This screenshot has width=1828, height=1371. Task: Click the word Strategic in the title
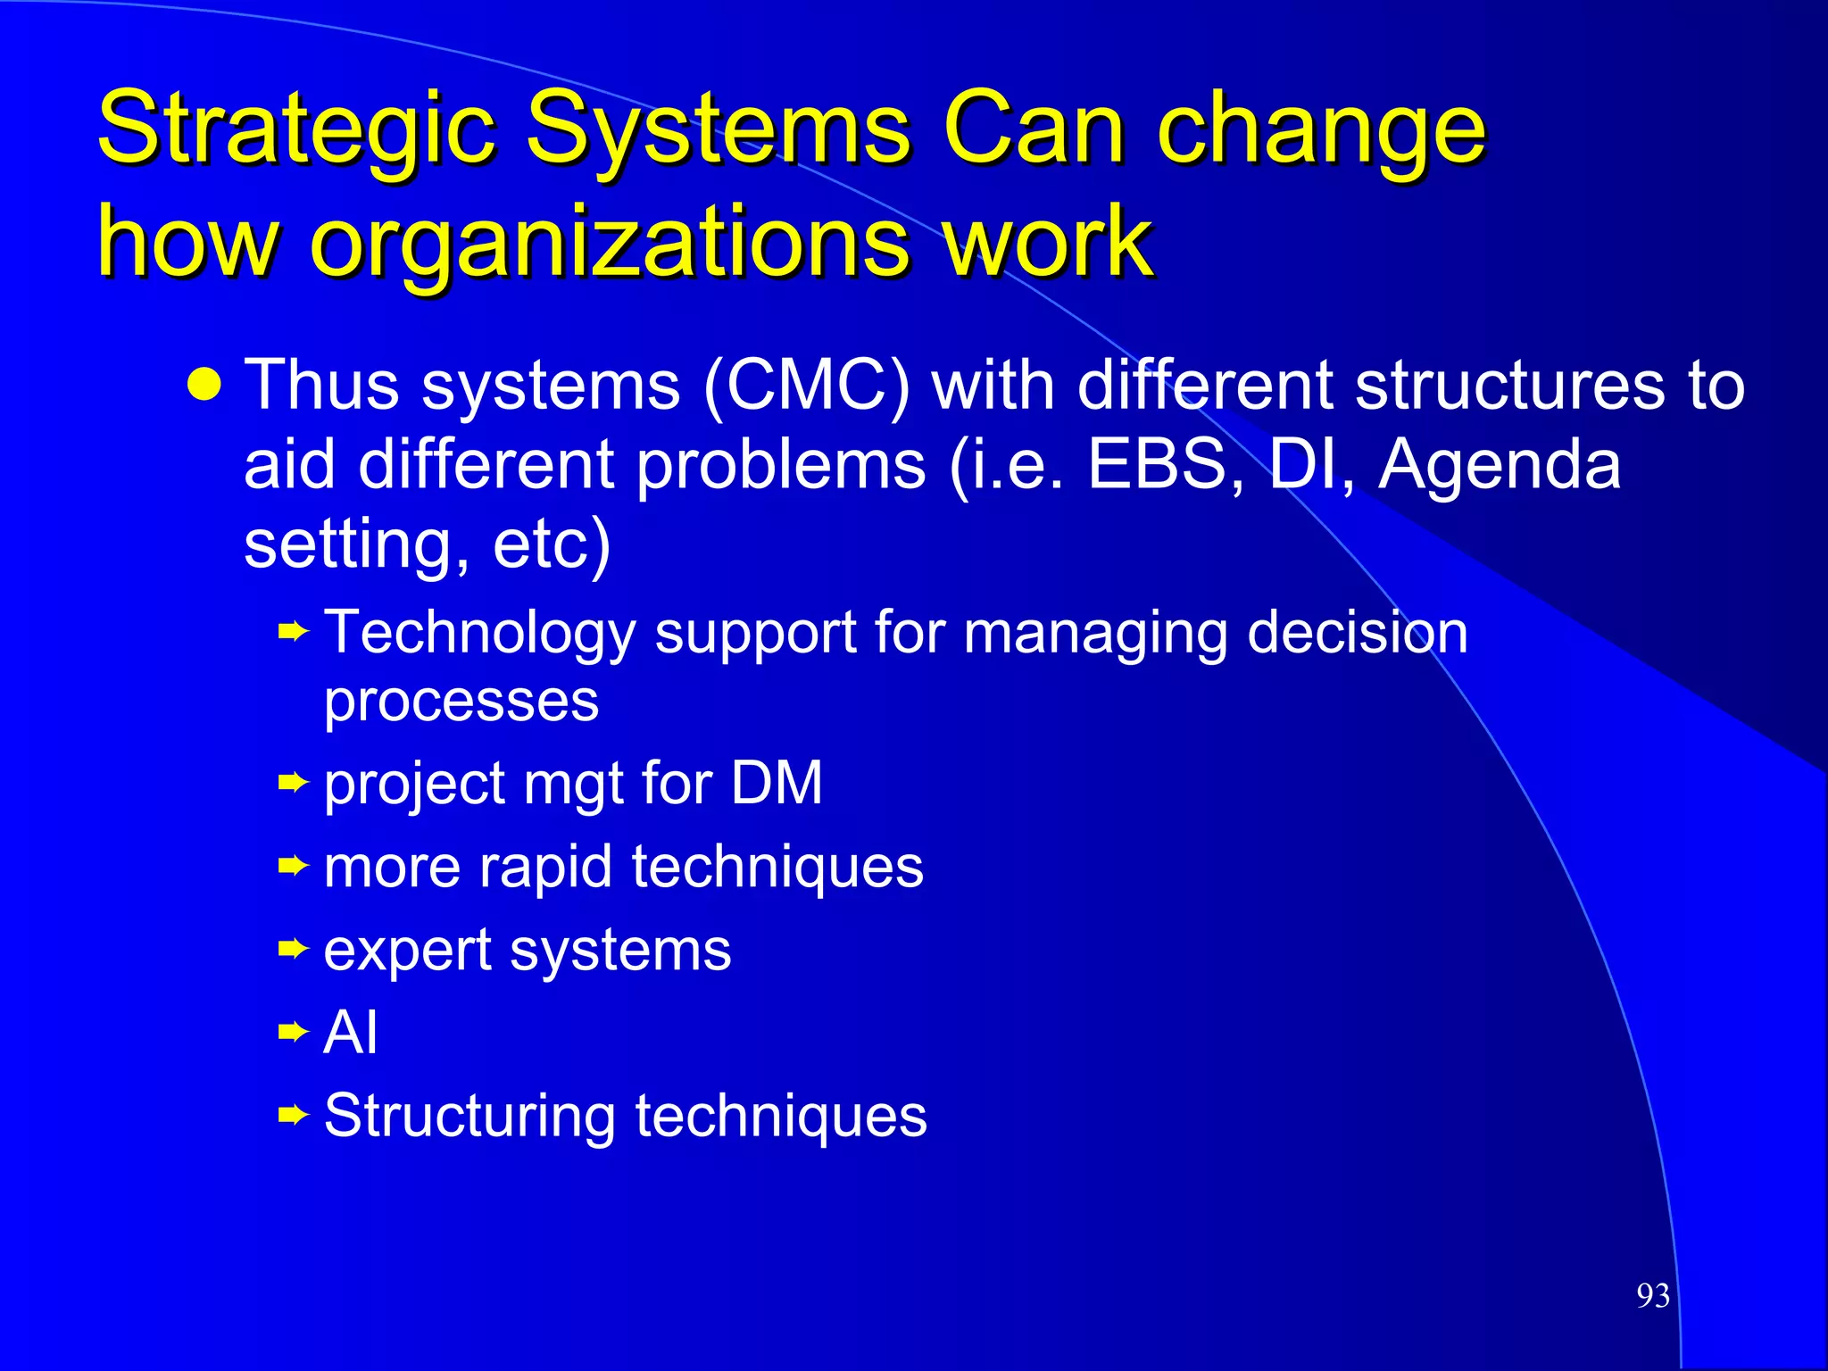pos(295,129)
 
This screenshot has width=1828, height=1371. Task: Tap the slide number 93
pos(1653,1295)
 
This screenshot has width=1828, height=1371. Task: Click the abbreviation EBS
pos(1159,464)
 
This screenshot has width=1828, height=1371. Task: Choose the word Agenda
pos(1500,464)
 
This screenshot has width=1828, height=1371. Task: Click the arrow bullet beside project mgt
pos(293,784)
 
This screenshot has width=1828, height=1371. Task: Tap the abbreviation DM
pos(777,784)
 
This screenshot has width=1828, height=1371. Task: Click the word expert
pos(407,950)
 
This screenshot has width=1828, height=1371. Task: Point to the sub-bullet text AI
pos(351,1033)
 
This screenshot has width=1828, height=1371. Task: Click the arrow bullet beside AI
pos(293,1033)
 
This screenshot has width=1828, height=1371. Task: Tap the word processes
pos(461,702)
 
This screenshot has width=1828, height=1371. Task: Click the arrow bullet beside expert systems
pos(293,950)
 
